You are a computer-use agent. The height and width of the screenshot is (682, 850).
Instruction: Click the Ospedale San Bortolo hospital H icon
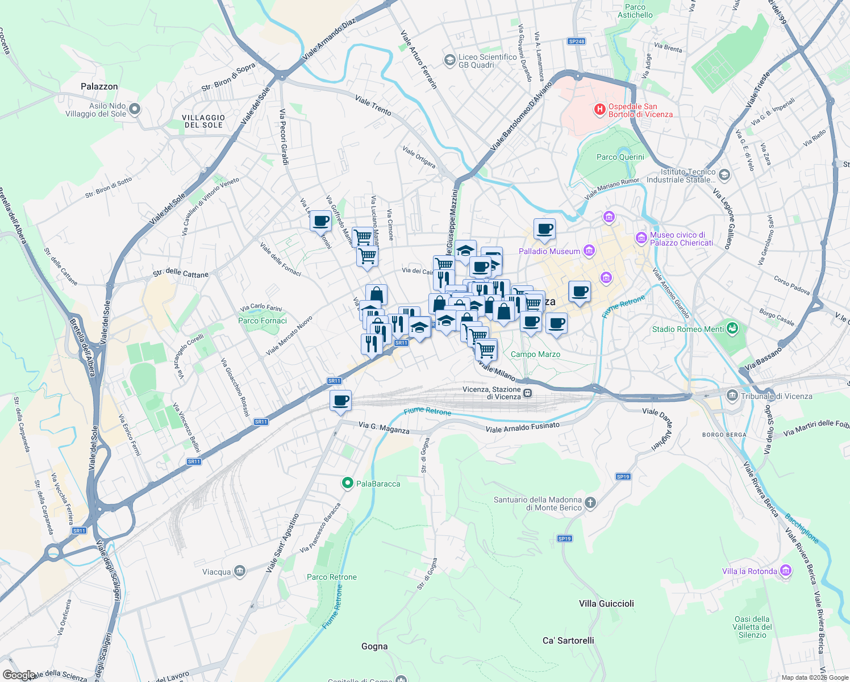(599, 110)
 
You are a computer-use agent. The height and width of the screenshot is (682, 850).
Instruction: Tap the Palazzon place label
(99, 86)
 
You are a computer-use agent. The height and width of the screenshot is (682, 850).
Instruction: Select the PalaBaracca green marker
(347, 483)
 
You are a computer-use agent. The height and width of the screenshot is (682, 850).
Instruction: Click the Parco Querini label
(620, 157)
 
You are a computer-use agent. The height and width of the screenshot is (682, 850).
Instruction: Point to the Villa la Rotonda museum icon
(786, 571)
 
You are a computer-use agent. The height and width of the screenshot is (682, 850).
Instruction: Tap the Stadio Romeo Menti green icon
(732, 328)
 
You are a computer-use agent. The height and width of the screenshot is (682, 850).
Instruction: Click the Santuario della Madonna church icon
(590, 502)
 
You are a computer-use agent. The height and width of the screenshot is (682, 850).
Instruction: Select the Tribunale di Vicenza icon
(732, 396)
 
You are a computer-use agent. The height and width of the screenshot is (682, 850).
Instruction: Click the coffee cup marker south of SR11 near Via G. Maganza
(340, 401)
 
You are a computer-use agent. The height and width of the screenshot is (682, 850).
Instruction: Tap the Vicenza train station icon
(528, 393)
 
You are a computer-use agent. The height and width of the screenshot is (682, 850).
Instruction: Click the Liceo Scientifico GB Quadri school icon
(449, 60)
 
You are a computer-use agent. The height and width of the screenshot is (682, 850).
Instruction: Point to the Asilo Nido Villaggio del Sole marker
(135, 109)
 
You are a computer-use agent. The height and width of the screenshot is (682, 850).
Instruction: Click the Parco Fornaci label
(262, 321)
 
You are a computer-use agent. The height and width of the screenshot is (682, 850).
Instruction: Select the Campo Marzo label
(535, 354)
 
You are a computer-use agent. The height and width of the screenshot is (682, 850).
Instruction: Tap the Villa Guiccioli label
(606, 604)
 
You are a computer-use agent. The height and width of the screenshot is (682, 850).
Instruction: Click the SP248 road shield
(576, 41)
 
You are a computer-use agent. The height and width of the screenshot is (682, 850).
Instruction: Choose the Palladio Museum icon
(589, 251)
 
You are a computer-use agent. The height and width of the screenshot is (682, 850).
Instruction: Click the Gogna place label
(374, 646)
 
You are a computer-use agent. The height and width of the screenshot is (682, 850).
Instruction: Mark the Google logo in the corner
(19, 675)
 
